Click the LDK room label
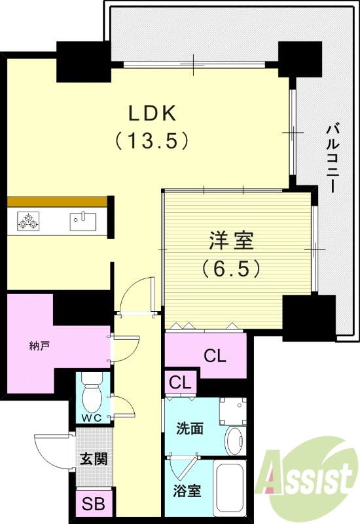point(151,113)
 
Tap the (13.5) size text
point(151,140)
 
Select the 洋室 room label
point(231,241)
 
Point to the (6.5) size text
point(231,268)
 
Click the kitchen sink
point(82,220)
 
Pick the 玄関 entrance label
point(92,458)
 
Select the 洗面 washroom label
point(189,428)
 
